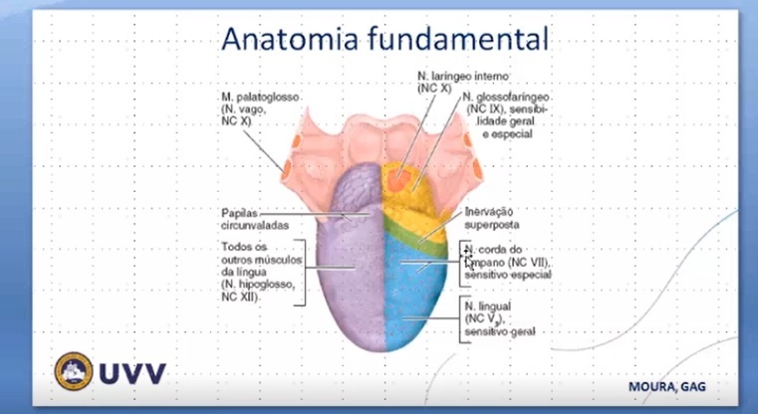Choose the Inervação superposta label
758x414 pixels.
(494, 218)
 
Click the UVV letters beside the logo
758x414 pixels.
(132, 373)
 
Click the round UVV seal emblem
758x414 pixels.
(74, 371)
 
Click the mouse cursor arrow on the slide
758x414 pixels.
(466, 260)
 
